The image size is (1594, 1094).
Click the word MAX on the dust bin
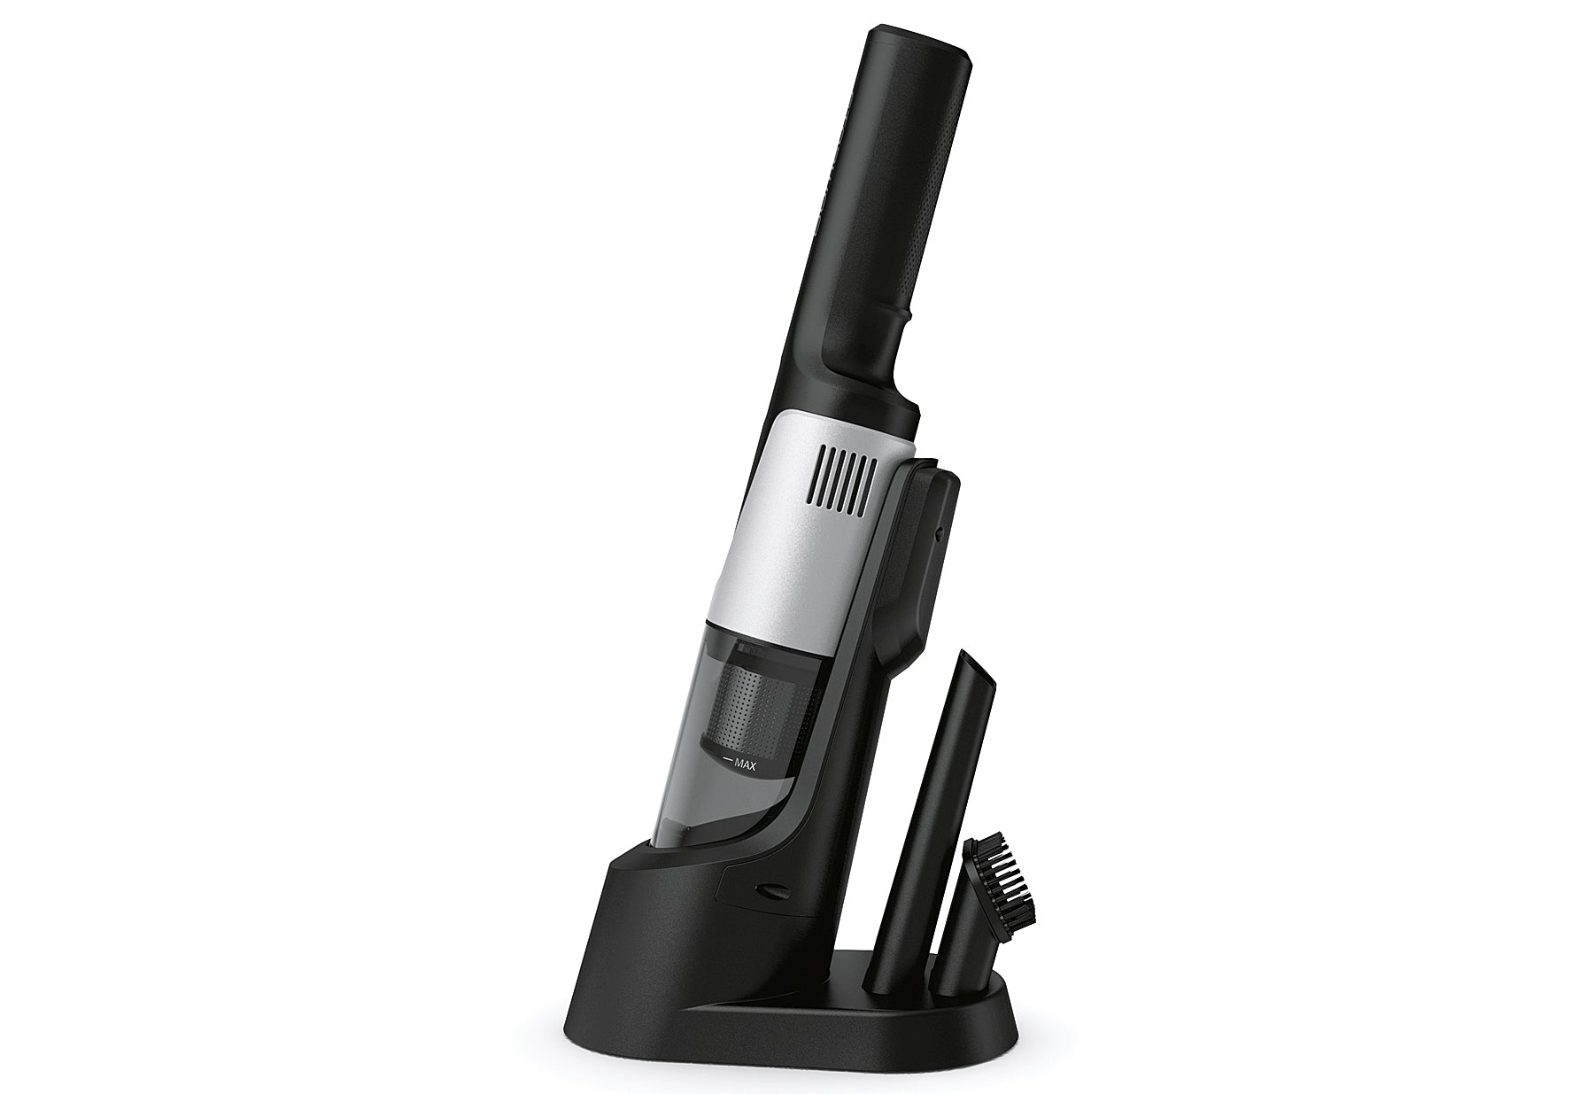tap(745, 767)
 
